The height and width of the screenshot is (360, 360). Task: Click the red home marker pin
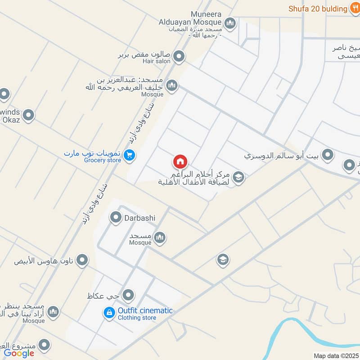180,162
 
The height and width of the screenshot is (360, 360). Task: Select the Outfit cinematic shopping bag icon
109,313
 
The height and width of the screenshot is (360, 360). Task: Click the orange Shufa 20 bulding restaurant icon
355,9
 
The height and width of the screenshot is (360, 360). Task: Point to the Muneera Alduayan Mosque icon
230,23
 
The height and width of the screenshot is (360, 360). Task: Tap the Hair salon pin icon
179,57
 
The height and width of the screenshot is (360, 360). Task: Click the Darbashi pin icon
116,218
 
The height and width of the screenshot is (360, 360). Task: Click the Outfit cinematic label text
145,310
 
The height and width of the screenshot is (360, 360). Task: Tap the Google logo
19,353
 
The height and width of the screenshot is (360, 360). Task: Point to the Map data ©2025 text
336,356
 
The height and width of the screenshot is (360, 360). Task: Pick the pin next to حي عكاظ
129,295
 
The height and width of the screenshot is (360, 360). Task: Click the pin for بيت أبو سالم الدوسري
328,155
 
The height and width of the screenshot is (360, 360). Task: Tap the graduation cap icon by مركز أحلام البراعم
238,177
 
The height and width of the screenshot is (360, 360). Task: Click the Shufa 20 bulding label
318,9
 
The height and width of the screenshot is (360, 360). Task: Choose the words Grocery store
102,160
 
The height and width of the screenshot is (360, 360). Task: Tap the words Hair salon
157,61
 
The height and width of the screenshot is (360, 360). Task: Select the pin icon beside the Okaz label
28,116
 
